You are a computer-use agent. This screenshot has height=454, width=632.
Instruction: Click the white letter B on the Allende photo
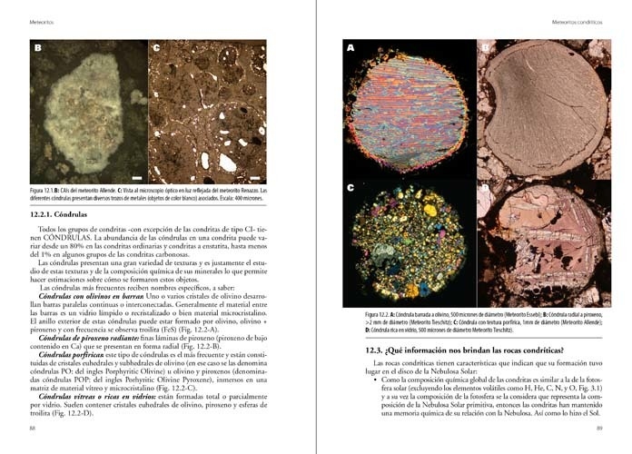point(38,47)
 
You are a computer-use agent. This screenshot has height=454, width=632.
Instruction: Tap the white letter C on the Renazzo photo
point(156,47)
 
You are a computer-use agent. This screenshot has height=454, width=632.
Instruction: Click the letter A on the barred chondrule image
point(351,47)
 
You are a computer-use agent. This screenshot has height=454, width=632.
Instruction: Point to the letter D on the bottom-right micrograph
point(485,189)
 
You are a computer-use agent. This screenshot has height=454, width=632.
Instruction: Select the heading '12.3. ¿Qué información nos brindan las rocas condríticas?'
point(462,350)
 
